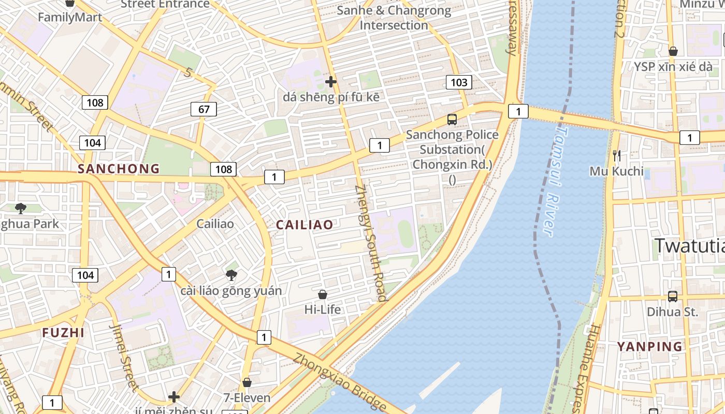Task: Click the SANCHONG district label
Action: coord(119,169)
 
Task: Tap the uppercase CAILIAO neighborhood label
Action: coord(304,225)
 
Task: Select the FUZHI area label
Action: coord(63,333)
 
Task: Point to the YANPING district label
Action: coord(649,346)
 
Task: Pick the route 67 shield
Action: coord(204,109)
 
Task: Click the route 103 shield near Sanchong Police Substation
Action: coord(459,82)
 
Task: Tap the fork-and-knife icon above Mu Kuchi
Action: coord(616,155)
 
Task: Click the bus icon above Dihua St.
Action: coord(672,297)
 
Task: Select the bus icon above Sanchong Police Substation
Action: coord(452,120)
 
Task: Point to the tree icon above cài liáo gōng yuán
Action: coord(231,275)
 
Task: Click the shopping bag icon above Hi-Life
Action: coord(323,294)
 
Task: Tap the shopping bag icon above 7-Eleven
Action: coord(247,382)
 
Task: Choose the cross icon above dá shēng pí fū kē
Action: coord(331,81)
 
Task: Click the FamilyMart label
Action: coord(70,17)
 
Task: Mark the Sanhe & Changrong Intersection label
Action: coord(394,18)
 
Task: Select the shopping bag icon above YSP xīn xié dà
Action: coord(673,51)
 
